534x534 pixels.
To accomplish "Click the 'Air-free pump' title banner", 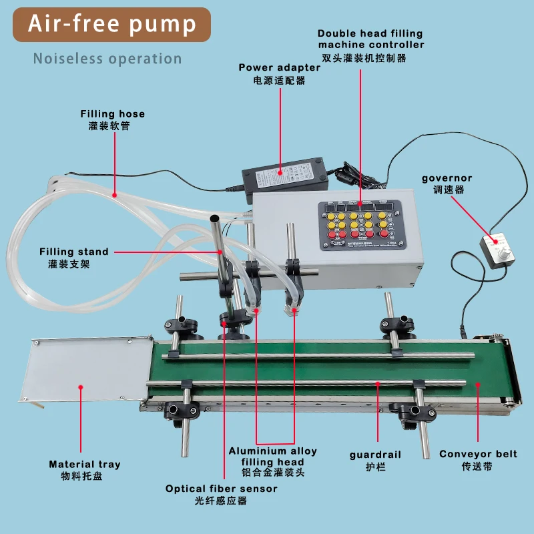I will coord(112,25).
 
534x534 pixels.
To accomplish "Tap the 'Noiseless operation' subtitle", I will coord(107,59).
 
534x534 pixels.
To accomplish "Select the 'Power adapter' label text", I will coord(279,68).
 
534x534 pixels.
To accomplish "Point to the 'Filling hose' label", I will coord(113,114).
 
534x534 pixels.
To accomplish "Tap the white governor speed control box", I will coord(497,252).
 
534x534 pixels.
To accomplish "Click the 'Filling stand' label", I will coord(73,252).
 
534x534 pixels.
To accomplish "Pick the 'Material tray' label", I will coord(85,465).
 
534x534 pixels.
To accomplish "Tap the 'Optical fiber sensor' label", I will coord(222,489).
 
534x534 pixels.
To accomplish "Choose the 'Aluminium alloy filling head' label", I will coord(273,457).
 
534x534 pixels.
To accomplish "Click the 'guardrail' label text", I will coord(376,455).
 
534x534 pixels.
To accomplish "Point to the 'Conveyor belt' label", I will coord(478,455).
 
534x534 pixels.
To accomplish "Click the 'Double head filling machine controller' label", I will coord(370,39).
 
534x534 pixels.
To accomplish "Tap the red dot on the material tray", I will coord(81,386).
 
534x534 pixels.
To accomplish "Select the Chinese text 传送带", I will coord(477,467).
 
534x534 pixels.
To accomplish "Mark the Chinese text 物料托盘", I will coord(85,477).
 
